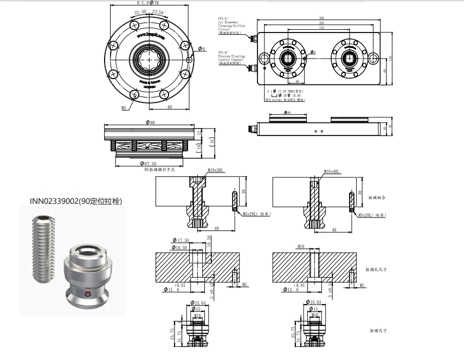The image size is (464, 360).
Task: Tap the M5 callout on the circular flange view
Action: pyautogui.click(x=124, y=108)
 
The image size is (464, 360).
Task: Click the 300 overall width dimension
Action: pyautogui.click(x=321, y=18)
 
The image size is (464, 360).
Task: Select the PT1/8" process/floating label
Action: pyautogui.click(x=232, y=56)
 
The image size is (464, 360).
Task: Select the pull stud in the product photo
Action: pyautogui.click(x=87, y=276)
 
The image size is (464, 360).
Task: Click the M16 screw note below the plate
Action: pyautogui.click(x=286, y=100)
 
